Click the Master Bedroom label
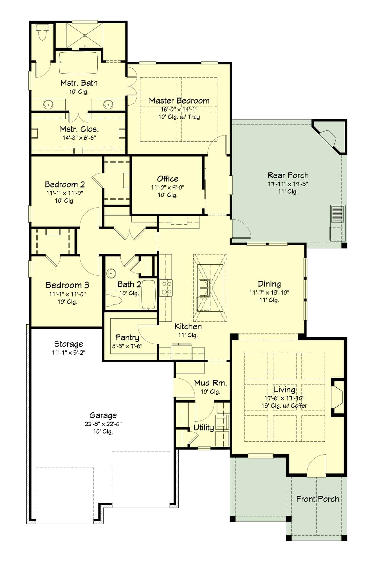(179, 101)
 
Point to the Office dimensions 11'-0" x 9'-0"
(167, 187)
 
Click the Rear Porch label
(288, 175)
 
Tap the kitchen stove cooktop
(166, 288)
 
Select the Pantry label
(127, 338)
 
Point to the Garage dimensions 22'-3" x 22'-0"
(103, 424)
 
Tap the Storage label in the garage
(68, 344)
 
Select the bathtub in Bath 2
(149, 294)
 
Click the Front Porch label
(317, 499)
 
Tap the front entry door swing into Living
(316, 466)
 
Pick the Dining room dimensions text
(269, 292)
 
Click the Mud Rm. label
(210, 383)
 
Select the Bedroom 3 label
(67, 285)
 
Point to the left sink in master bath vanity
(48, 104)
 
